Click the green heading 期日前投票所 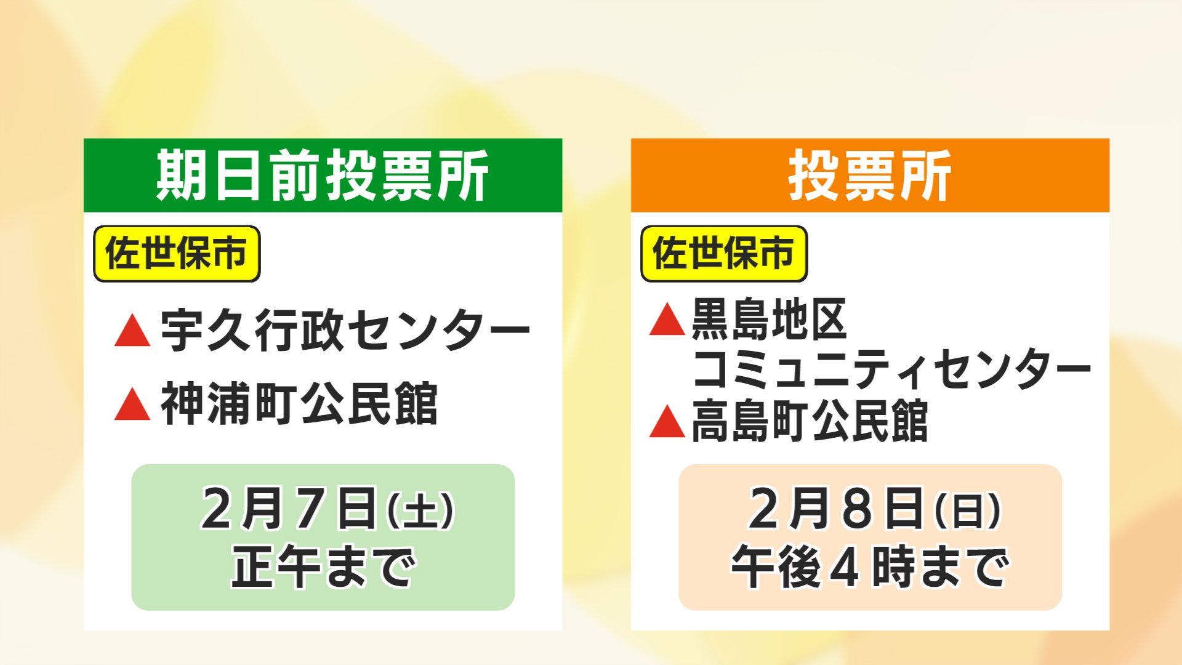(x=323, y=176)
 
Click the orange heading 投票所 (x=869, y=176)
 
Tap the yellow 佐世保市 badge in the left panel (x=177, y=254)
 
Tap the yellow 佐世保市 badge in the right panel (x=724, y=254)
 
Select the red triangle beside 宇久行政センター (x=132, y=332)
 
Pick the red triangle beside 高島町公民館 (x=667, y=424)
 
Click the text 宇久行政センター (x=345, y=331)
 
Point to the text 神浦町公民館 (x=299, y=404)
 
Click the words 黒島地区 (x=769, y=320)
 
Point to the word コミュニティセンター (x=890, y=369)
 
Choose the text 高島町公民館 (x=810, y=422)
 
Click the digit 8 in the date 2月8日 (x=858, y=509)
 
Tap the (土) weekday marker (x=420, y=511)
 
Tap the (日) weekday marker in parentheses (x=968, y=511)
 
